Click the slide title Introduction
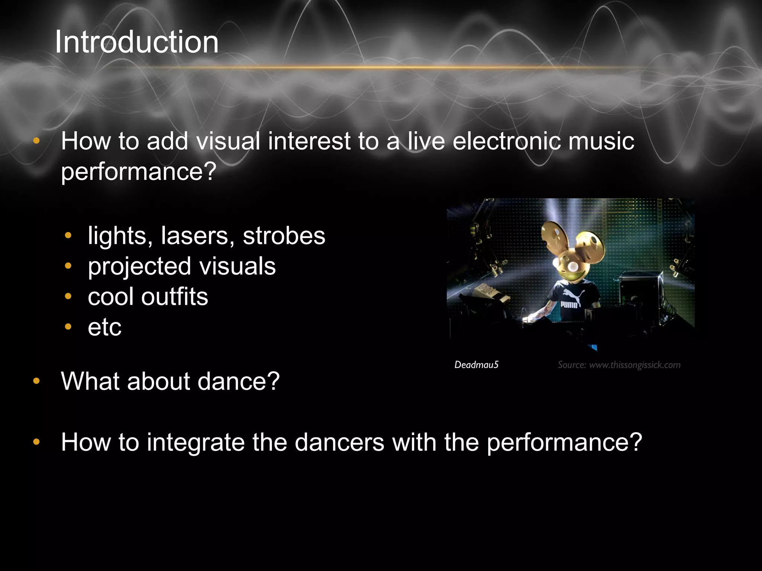coord(137,42)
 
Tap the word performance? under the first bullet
coord(138,172)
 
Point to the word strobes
coord(284,236)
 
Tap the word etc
coord(105,328)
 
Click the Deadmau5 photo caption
coord(476,365)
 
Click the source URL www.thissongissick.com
coord(635,365)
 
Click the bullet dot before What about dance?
coord(36,381)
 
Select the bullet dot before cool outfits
coord(68,296)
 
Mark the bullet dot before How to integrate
coord(36,442)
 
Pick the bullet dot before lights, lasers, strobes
coord(68,235)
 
